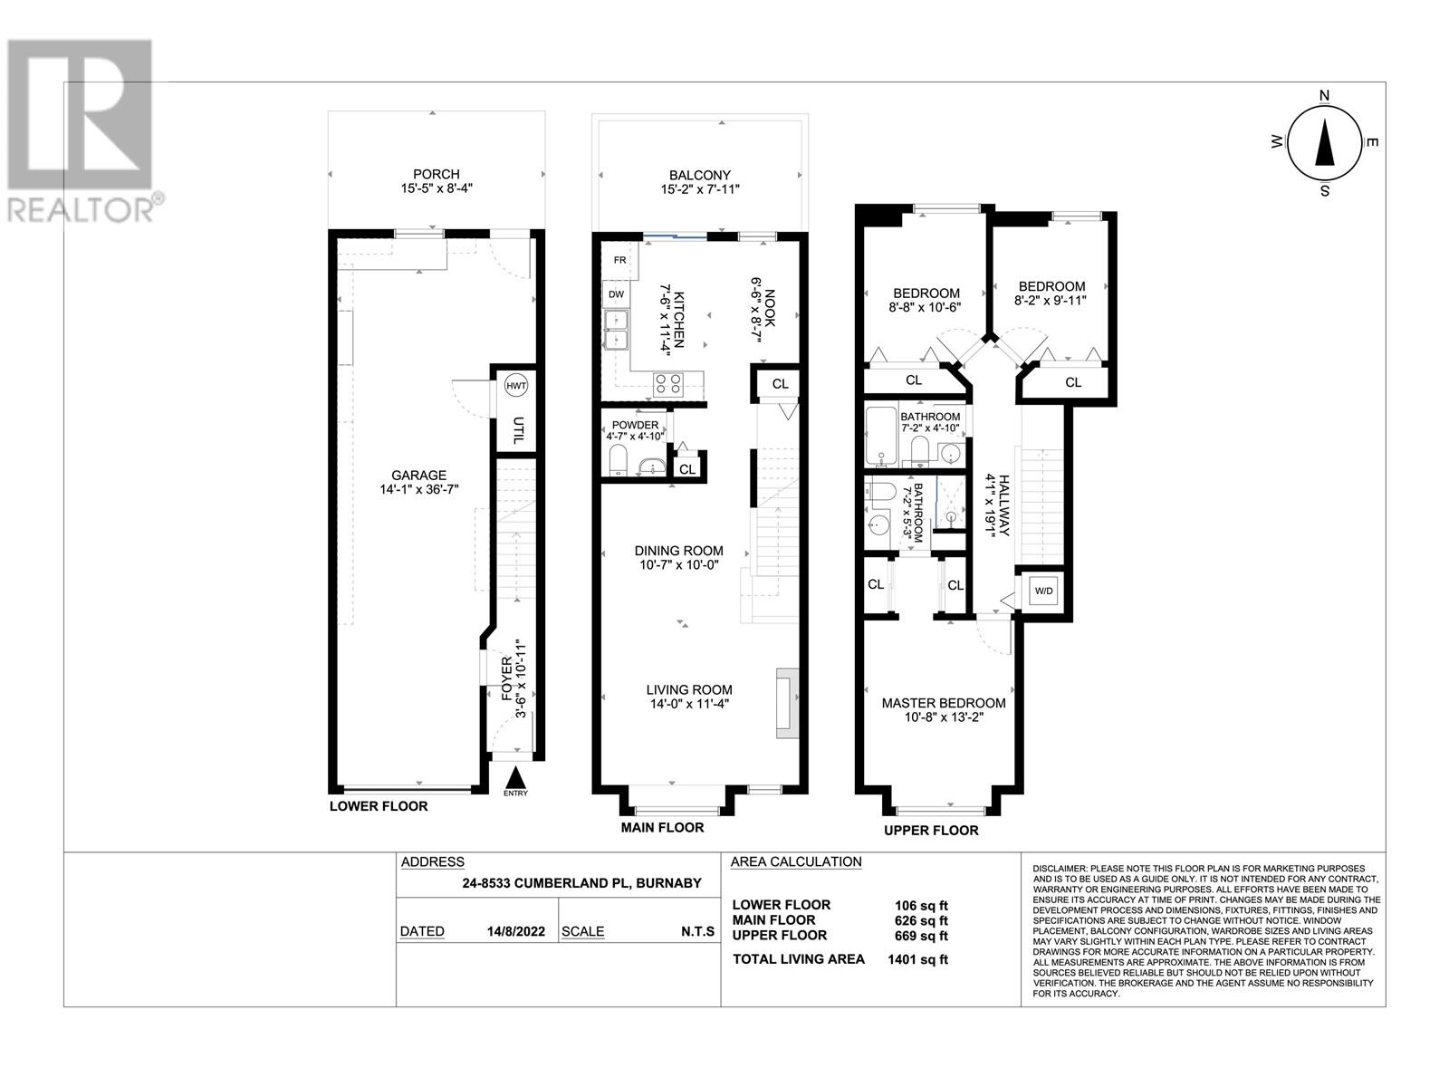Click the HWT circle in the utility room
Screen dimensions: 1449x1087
coord(515,386)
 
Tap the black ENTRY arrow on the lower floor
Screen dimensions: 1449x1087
coord(515,775)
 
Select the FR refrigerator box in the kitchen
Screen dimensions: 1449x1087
coord(619,259)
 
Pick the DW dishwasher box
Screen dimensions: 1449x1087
coord(615,294)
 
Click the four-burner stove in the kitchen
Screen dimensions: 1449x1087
coord(667,383)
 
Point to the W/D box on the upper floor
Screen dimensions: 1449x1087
coord(1043,591)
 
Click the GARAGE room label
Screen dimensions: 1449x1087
coord(418,475)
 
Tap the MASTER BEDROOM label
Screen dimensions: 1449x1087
coord(944,703)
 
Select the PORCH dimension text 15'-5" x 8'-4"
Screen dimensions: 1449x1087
coord(436,188)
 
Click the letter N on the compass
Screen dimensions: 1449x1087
coord(1324,95)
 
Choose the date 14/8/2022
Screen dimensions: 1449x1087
coord(515,931)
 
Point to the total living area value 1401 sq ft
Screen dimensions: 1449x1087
coord(917,959)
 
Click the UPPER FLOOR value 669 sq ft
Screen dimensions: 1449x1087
coord(921,936)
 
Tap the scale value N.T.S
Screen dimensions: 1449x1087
coord(697,931)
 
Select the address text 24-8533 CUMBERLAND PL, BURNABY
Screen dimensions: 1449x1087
coord(581,883)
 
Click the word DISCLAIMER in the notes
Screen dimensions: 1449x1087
coord(1060,868)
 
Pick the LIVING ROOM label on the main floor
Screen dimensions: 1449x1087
coord(689,689)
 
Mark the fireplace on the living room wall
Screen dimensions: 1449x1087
coord(787,704)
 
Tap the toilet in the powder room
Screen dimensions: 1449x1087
coord(618,459)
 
